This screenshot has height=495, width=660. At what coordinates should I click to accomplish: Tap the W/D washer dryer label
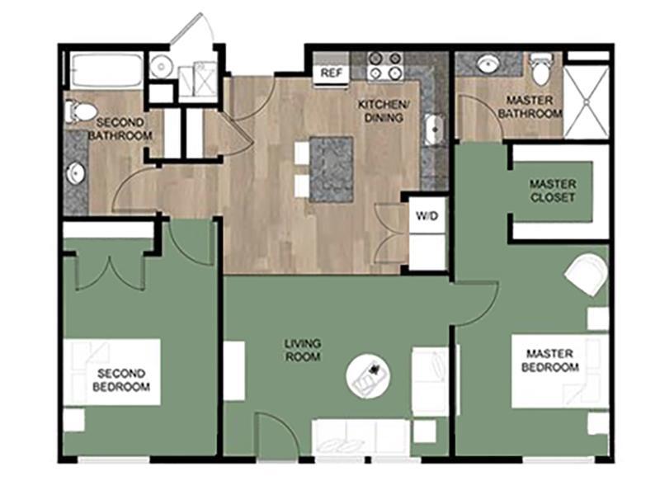427,216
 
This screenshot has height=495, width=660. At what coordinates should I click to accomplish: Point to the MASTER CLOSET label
552,191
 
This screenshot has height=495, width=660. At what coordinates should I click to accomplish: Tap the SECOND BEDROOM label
121,379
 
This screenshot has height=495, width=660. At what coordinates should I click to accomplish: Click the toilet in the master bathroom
541,70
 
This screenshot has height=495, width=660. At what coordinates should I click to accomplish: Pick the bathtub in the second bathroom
106,71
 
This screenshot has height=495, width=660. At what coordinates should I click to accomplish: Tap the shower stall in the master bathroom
586,101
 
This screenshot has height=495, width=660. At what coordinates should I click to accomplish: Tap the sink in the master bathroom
488,64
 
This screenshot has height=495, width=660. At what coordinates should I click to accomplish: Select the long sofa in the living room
360,436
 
